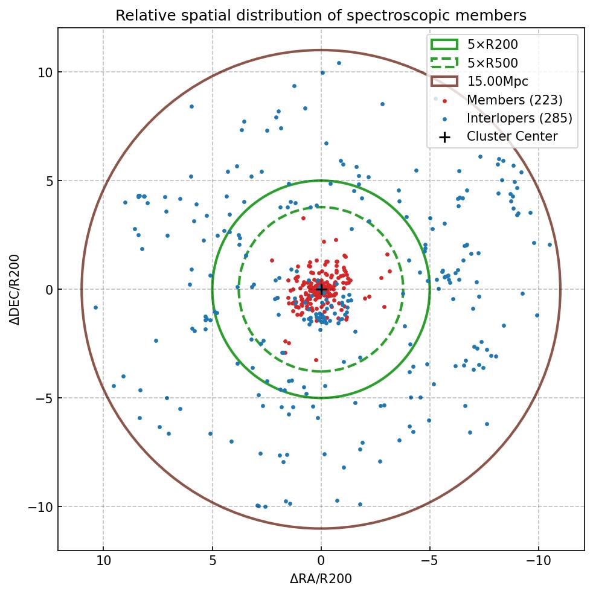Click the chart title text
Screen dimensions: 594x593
click(x=321, y=15)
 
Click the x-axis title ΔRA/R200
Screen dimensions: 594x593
click(x=321, y=579)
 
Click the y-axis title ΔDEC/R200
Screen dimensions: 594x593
click(x=15, y=289)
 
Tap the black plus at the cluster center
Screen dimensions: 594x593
click(x=321, y=290)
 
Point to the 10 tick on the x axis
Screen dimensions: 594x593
click(x=103, y=561)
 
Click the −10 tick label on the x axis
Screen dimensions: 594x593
click(x=538, y=561)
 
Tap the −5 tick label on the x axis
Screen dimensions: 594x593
click(x=429, y=561)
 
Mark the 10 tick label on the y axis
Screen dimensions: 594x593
click(x=46, y=72)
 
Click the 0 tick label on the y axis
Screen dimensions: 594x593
click(x=50, y=290)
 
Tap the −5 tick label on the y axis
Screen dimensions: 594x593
click(x=45, y=398)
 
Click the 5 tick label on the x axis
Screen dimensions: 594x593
click(x=212, y=561)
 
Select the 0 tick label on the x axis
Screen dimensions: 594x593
click(x=321, y=561)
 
